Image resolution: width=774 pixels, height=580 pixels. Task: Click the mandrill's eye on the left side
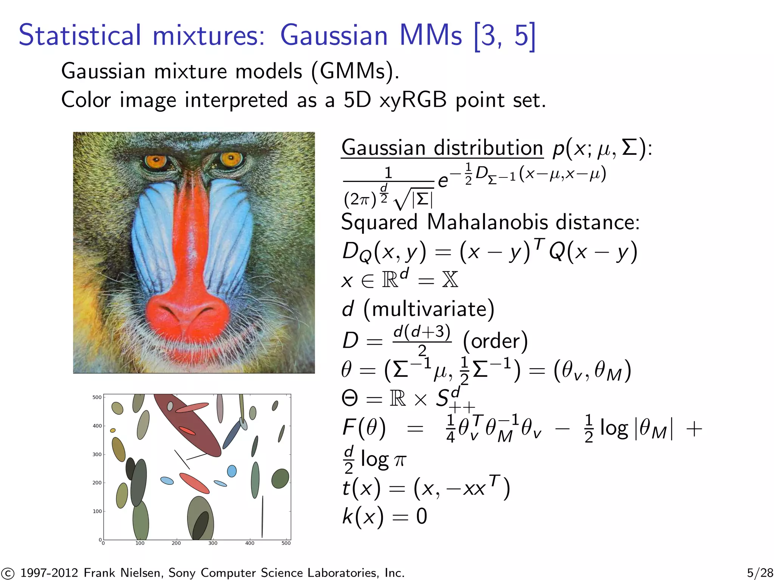pos(156,162)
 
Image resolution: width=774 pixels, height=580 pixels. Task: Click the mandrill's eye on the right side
pos(231,159)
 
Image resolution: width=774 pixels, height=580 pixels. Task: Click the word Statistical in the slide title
pos(80,35)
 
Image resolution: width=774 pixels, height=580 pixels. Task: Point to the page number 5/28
pos(760,572)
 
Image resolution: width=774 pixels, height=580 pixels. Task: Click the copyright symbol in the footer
pos(7,573)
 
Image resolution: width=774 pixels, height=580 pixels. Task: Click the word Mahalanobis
pos(487,222)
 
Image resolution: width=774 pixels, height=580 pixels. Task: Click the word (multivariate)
pos(429,309)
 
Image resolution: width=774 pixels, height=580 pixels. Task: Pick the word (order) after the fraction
pos(495,341)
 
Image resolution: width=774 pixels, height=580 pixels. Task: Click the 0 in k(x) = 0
pos(421,516)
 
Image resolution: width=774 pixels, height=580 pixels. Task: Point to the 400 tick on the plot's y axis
pos(97,426)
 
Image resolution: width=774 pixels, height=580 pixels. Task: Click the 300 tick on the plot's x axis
pos(213,543)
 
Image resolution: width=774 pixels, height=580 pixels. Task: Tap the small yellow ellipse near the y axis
pos(113,430)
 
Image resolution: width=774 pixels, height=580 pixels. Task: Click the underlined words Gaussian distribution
pos(442,148)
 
